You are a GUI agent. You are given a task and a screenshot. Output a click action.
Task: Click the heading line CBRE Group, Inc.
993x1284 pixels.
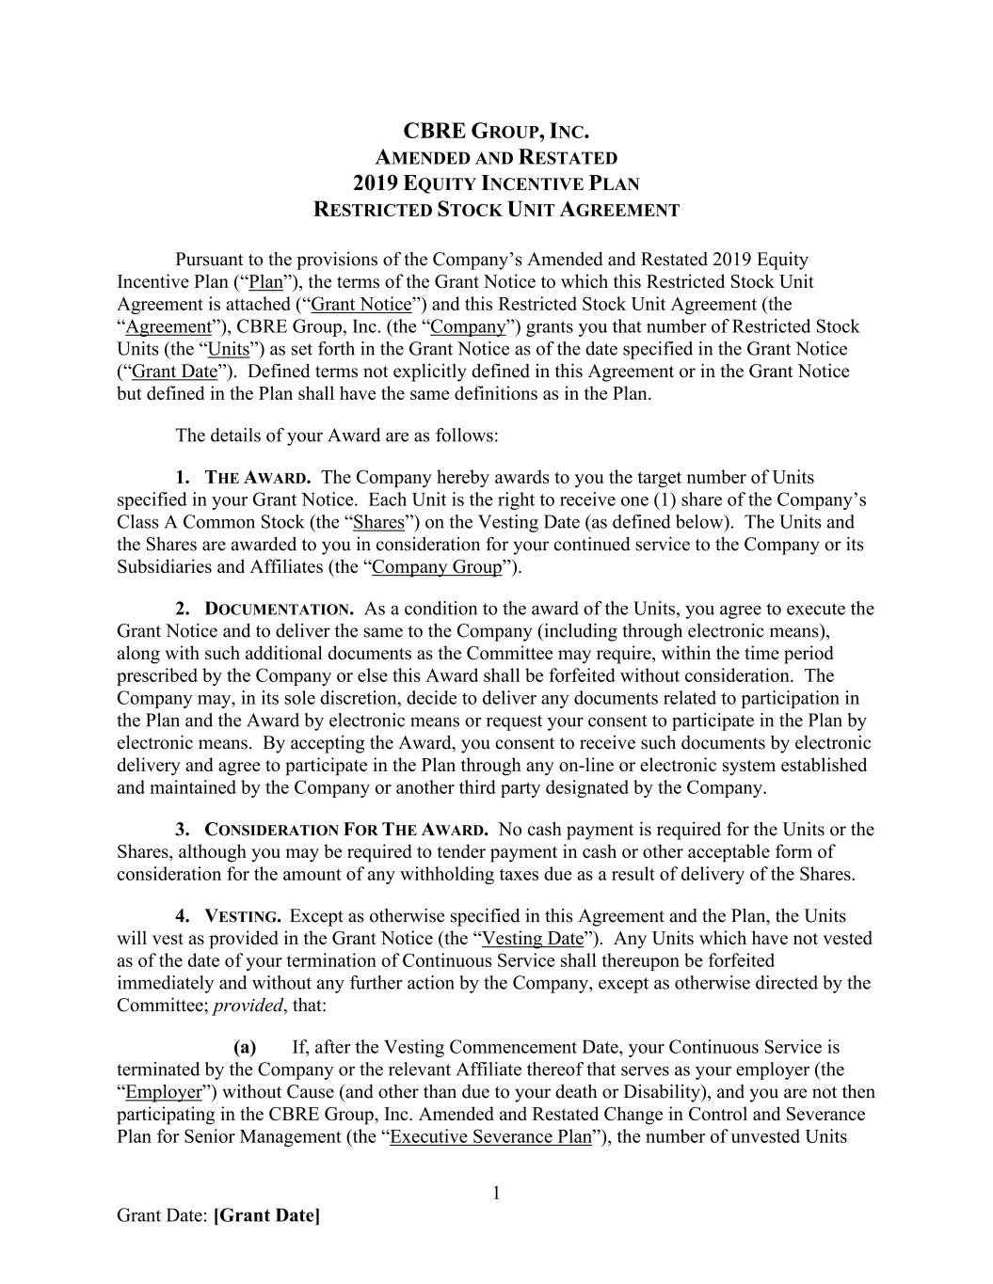coord(496,131)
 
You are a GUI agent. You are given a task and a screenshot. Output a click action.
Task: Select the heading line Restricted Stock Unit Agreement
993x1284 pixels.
coord(496,210)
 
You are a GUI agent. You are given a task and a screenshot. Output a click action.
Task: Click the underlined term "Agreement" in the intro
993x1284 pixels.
coord(168,326)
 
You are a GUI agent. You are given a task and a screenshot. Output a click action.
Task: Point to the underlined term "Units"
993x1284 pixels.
coord(229,349)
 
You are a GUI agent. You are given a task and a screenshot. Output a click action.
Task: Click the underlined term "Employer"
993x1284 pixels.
coord(164,1092)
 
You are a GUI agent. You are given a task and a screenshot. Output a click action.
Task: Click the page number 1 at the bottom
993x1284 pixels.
coord(496,1194)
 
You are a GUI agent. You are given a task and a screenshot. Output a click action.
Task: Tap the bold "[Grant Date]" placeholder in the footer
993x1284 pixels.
coord(267,1216)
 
